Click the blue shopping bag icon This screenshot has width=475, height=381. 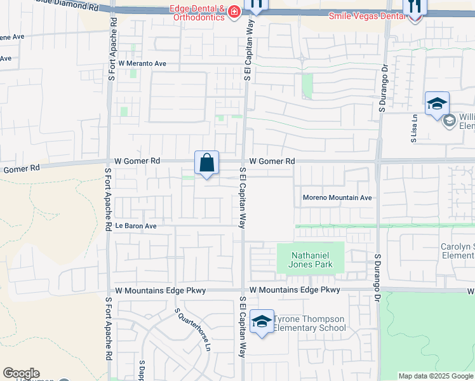click(206, 163)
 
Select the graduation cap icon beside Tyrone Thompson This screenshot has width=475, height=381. click(261, 321)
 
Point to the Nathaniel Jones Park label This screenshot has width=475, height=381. click(311, 260)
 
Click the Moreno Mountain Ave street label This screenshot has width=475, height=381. click(337, 197)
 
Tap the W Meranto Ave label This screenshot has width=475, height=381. click(142, 63)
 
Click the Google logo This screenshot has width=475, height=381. click(21, 373)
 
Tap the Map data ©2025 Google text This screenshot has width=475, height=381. click(436, 376)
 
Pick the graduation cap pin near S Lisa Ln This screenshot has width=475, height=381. click(437, 104)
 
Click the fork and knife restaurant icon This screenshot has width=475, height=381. click(415, 6)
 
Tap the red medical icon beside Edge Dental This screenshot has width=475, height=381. click(234, 11)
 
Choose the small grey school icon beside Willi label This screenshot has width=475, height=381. click(450, 121)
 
